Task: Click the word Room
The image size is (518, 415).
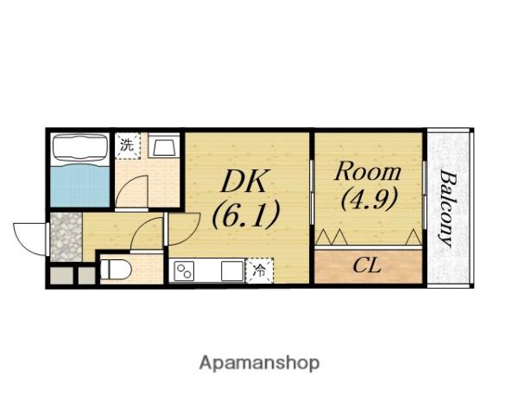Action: pos(368,171)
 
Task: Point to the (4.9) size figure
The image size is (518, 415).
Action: pos(369,200)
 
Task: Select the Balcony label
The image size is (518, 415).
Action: pos(447,209)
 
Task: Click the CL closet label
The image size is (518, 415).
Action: pos(367,265)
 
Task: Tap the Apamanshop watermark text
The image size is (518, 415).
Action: pos(259,364)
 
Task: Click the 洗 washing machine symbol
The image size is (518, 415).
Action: pos(128,145)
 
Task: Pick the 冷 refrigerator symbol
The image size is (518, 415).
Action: pos(259,271)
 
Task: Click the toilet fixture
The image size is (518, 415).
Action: pos(116,270)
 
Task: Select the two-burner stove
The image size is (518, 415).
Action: pos(184,271)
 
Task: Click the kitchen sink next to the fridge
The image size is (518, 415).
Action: pos(232,271)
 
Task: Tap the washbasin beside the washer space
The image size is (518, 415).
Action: pos(163,145)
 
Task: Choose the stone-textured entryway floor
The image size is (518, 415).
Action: pos(66,237)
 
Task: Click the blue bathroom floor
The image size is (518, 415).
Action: pos(80,185)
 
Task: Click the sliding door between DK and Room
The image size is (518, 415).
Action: pos(312,192)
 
